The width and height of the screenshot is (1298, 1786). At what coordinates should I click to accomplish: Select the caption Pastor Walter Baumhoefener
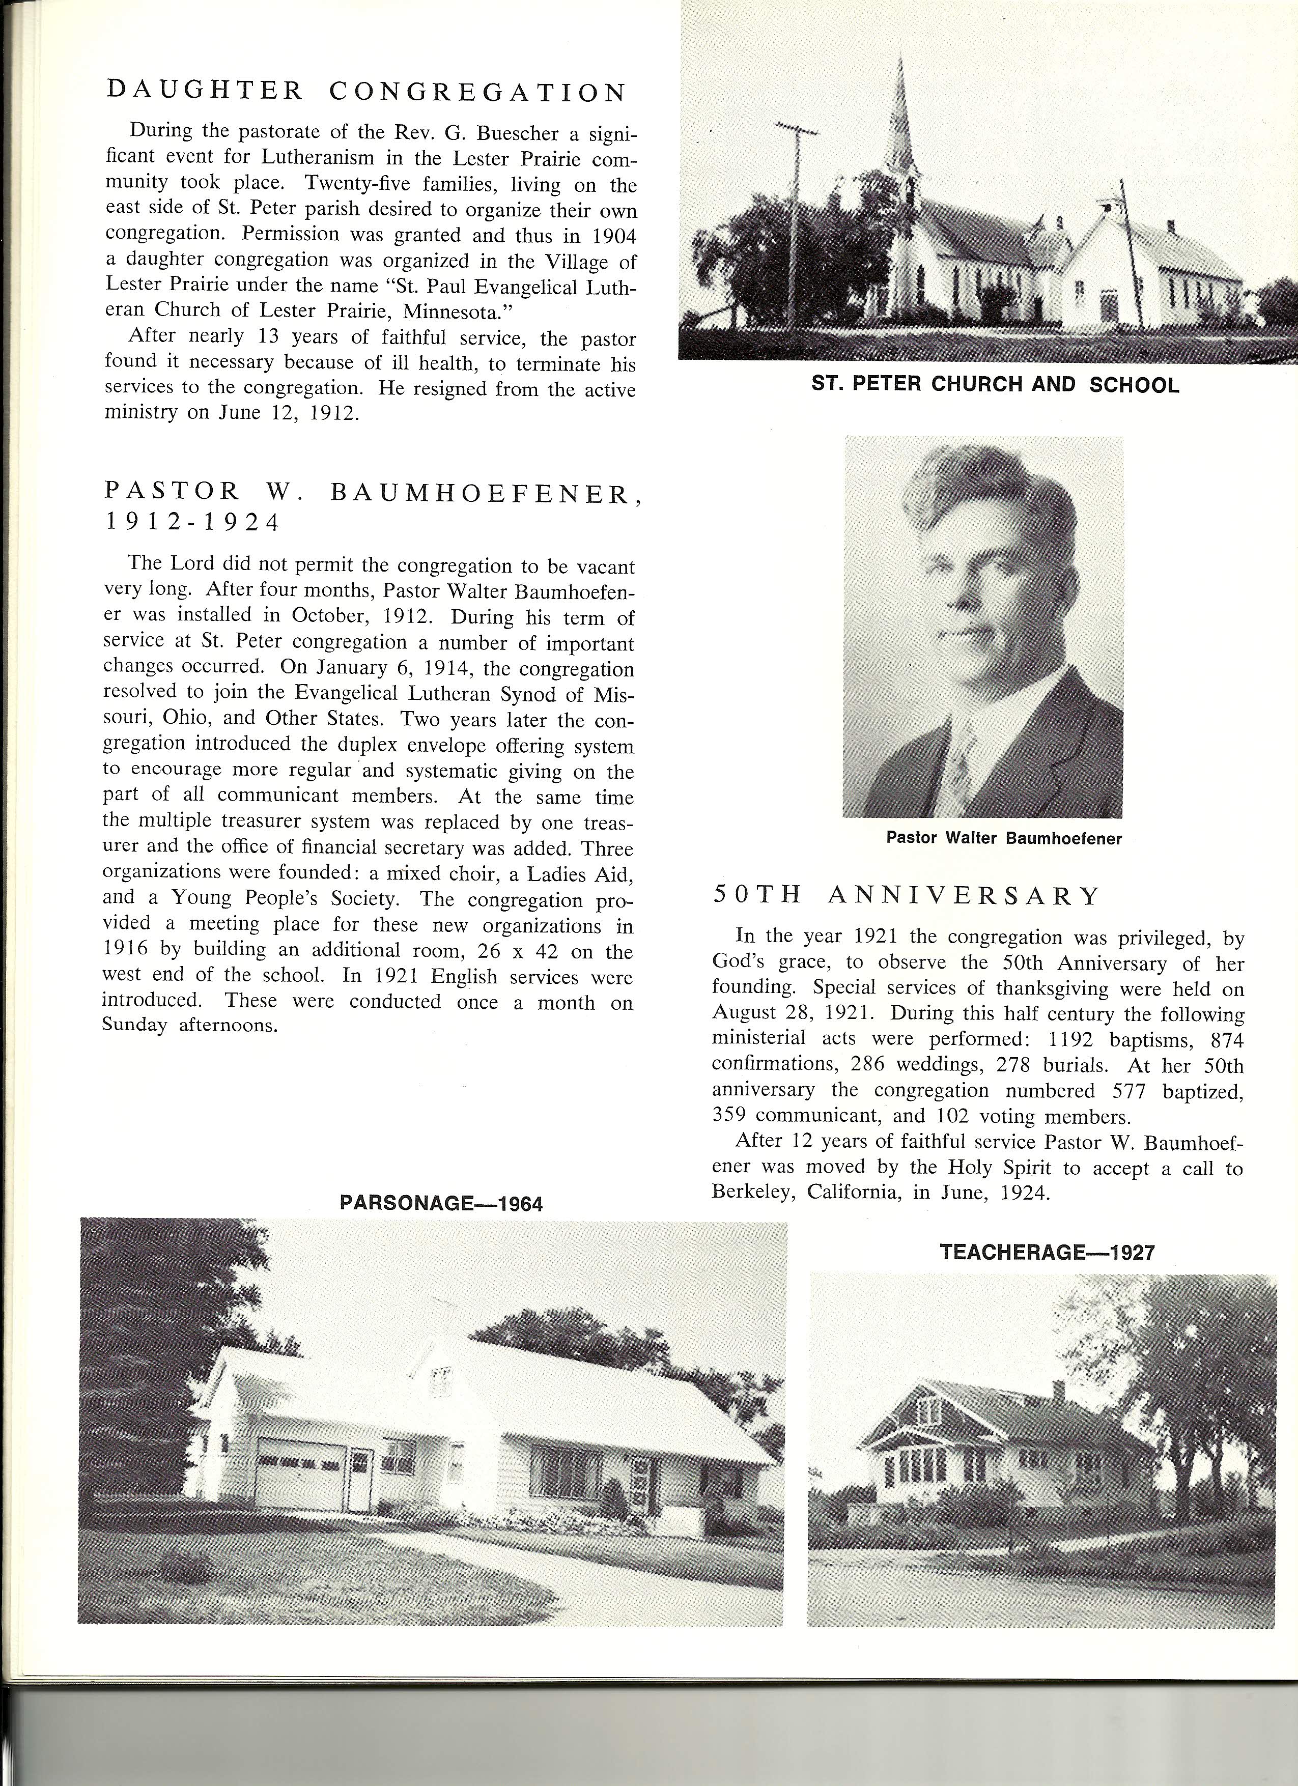(x=1003, y=839)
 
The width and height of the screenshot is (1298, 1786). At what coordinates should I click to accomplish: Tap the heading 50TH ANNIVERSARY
(x=906, y=895)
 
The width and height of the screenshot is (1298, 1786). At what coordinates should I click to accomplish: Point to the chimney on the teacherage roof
(x=1059, y=1394)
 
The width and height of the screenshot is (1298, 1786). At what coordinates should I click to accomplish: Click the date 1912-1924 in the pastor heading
(x=192, y=523)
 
